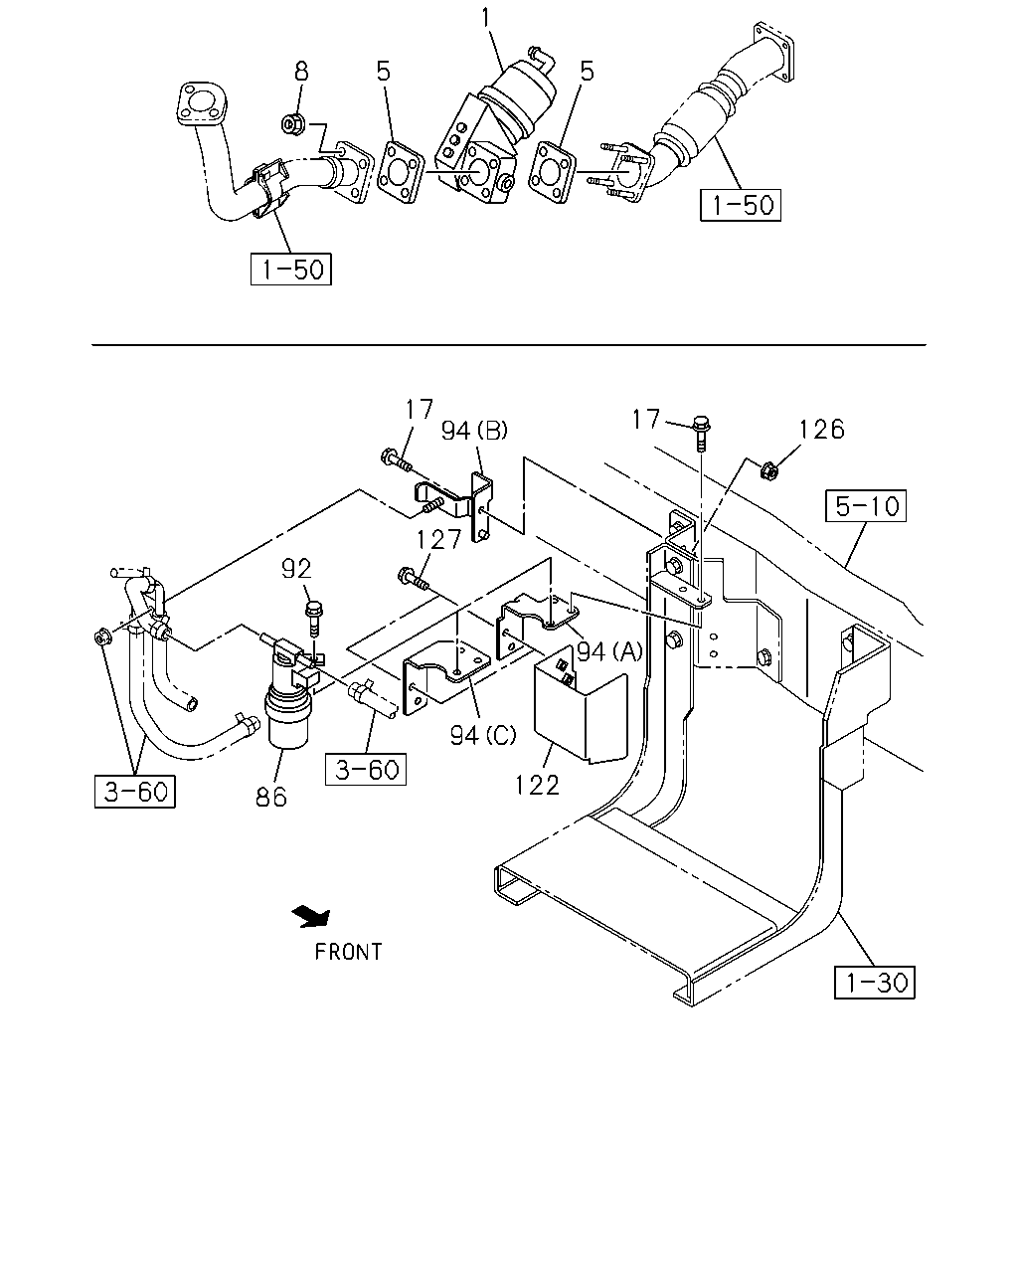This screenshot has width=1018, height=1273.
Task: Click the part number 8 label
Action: [x=301, y=72]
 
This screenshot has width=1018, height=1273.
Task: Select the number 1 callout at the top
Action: [x=486, y=17]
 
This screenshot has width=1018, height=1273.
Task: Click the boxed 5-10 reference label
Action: [x=865, y=506]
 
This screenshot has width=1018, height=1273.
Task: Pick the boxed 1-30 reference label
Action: [x=874, y=984]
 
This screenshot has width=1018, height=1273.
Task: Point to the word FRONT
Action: [x=348, y=952]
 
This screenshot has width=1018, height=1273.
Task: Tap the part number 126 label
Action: [x=821, y=430]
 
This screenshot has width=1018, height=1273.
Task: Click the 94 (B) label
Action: [x=474, y=430]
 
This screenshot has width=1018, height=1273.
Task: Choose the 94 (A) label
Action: [x=609, y=651]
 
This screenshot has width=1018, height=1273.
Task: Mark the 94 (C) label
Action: [x=483, y=735]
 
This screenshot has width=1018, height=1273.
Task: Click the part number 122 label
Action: [x=537, y=786]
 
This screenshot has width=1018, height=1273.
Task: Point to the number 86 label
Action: [x=271, y=798]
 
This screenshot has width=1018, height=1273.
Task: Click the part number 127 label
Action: [x=438, y=539]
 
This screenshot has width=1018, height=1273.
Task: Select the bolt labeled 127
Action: [x=413, y=578]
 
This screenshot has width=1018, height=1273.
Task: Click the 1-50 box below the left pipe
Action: [x=291, y=270]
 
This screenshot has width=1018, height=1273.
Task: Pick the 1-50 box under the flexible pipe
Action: [x=741, y=205]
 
